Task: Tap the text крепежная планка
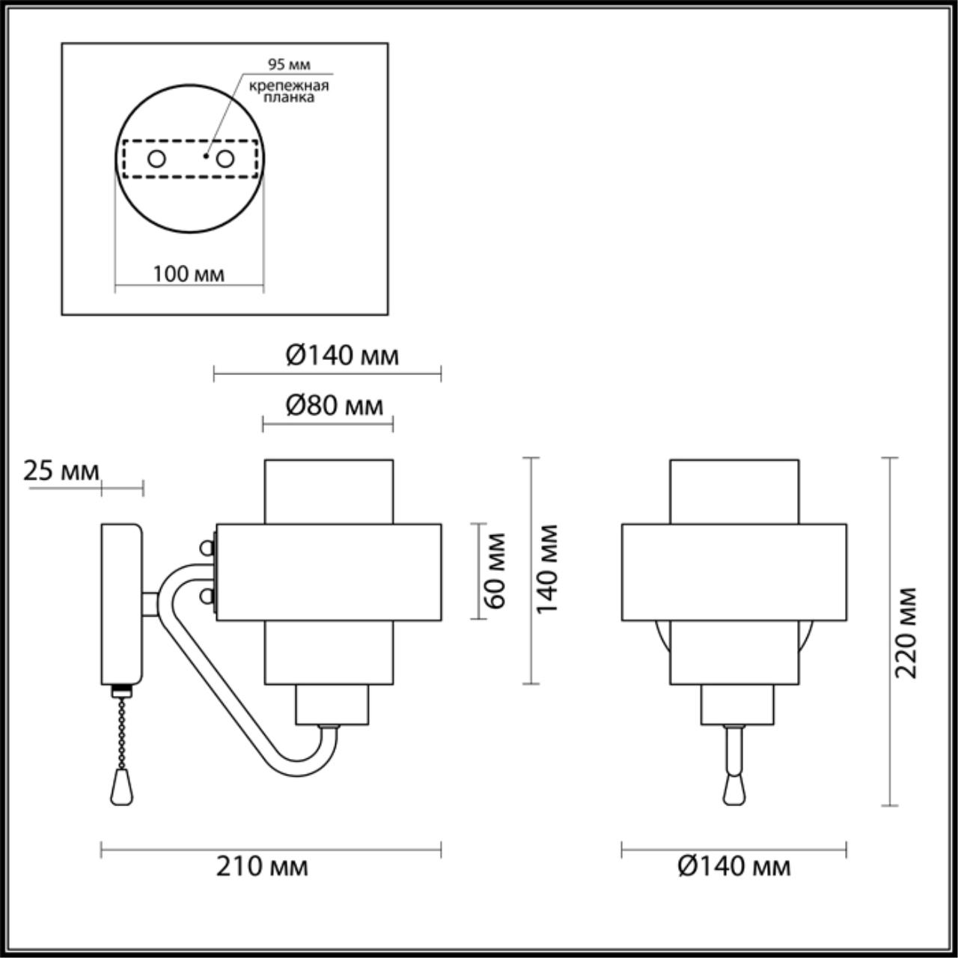tap(290, 91)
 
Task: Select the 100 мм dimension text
tap(189, 274)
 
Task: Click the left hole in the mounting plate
tap(157, 159)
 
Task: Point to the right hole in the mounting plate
tap(224, 159)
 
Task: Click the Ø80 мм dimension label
tap(335, 406)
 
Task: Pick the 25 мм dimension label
tap(61, 472)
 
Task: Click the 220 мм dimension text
tap(906, 632)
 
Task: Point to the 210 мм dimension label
tap(262, 867)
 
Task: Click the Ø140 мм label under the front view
tap(733, 867)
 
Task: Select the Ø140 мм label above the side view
tap(342, 356)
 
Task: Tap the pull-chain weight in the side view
tap(118, 788)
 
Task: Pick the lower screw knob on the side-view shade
tap(207, 596)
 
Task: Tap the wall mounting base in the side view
tap(121, 605)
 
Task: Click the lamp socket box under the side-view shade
tap(332, 704)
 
